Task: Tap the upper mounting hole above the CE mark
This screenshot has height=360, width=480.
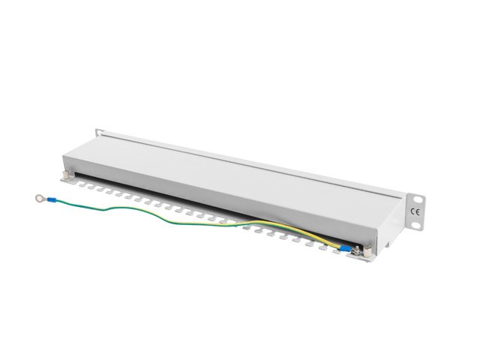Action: pos(418,198)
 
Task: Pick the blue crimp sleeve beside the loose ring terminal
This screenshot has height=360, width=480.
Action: pos(52,200)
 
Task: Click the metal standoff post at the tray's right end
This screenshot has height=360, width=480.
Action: pos(368,252)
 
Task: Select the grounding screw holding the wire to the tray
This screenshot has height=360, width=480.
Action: pos(359,250)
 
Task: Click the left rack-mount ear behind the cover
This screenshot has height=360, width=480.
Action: pos(98,133)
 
